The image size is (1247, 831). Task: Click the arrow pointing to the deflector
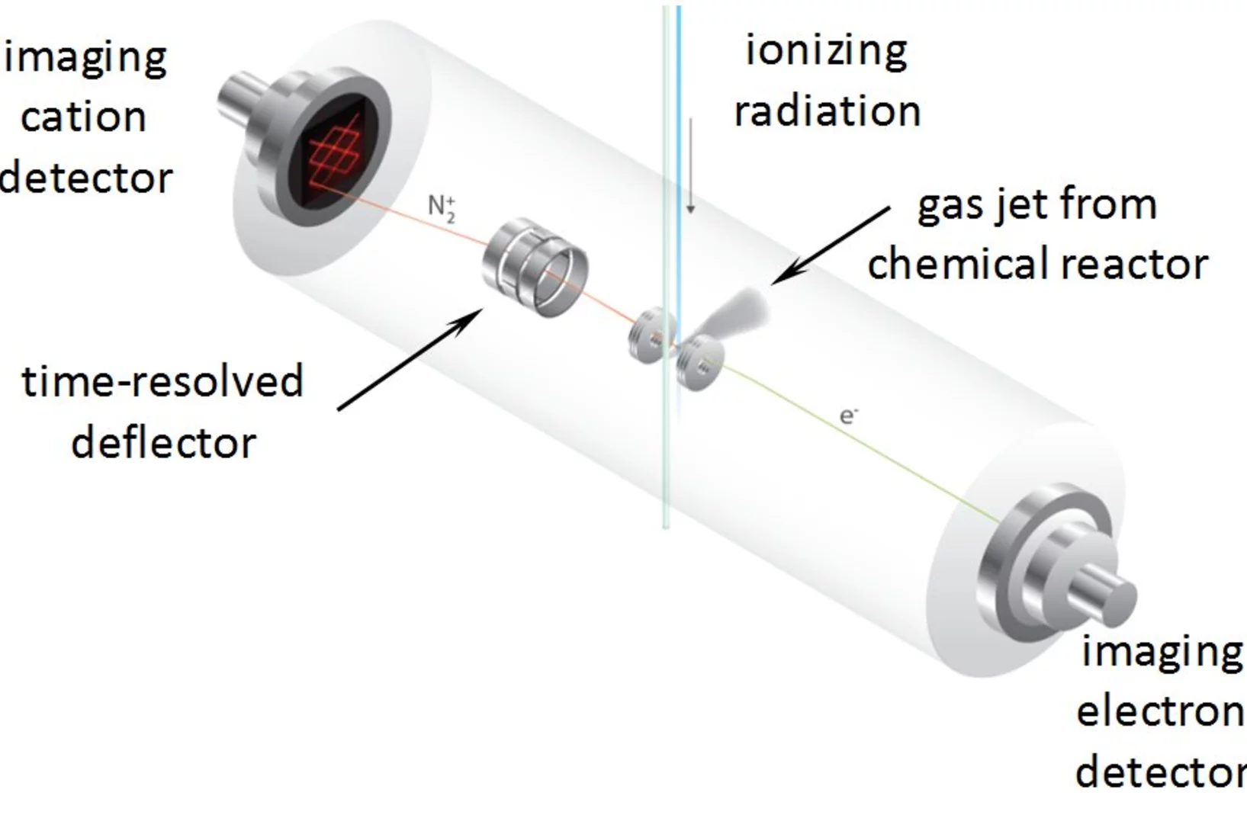[x=412, y=358]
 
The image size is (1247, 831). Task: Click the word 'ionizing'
[x=826, y=51]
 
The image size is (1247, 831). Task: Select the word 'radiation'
[x=828, y=111]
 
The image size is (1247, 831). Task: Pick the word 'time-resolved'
[x=162, y=381]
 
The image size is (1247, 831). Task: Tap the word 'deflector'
[x=163, y=443]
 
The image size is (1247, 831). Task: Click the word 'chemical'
[x=946, y=264]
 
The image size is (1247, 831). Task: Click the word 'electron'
[x=1160, y=711]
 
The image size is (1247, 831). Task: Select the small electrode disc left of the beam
[x=645, y=336]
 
